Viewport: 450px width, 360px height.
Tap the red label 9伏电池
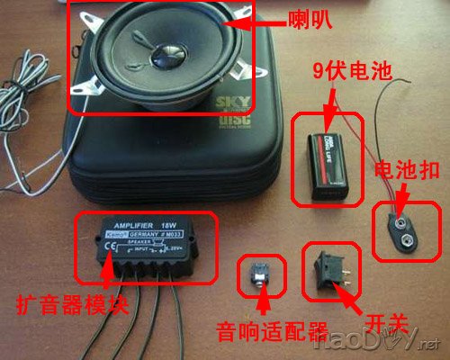(344, 69)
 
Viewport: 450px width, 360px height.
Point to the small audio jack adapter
(262, 274)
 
